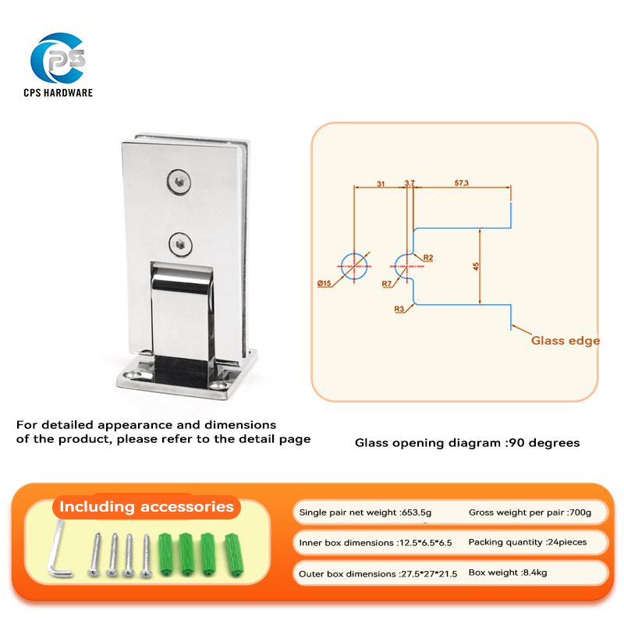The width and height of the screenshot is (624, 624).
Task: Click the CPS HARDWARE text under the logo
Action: pyautogui.click(x=58, y=93)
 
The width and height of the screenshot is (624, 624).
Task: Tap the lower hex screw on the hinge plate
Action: pyautogui.click(x=180, y=243)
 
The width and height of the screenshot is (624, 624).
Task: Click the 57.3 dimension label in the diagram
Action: pyautogui.click(x=462, y=183)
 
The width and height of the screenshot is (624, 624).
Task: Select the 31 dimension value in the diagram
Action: pyautogui.click(x=381, y=183)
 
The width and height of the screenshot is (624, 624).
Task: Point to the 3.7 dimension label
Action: pyautogui.click(x=409, y=183)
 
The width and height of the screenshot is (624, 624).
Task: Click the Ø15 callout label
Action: pyautogui.click(x=325, y=283)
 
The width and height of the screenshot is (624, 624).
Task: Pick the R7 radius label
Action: pyautogui.click(x=387, y=284)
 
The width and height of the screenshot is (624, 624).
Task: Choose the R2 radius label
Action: pyautogui.click(x=428, y=257)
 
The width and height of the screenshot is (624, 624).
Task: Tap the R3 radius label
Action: pyautogui.click(x=399, y=310)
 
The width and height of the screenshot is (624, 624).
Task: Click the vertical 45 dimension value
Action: pyautogui.click(x=476, y=267)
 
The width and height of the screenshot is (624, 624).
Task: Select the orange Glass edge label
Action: pyautogui.click(x=565, y=340)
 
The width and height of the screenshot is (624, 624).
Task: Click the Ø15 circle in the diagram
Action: pyautogui.click(x=354, y=266)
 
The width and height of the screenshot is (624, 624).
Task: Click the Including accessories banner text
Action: pyautogui.click(x=147, y=507)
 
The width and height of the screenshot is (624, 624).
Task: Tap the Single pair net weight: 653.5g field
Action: pyautogui.click(x=365, y=512)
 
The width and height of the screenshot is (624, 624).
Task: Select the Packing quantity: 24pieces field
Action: pyautogui.click(x=527, y=541)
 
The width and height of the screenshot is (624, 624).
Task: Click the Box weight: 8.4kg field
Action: pyautogui.click(x=508, y=573)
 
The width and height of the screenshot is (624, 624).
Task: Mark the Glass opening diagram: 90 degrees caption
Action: pyautogui.click(x=467, y=443)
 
